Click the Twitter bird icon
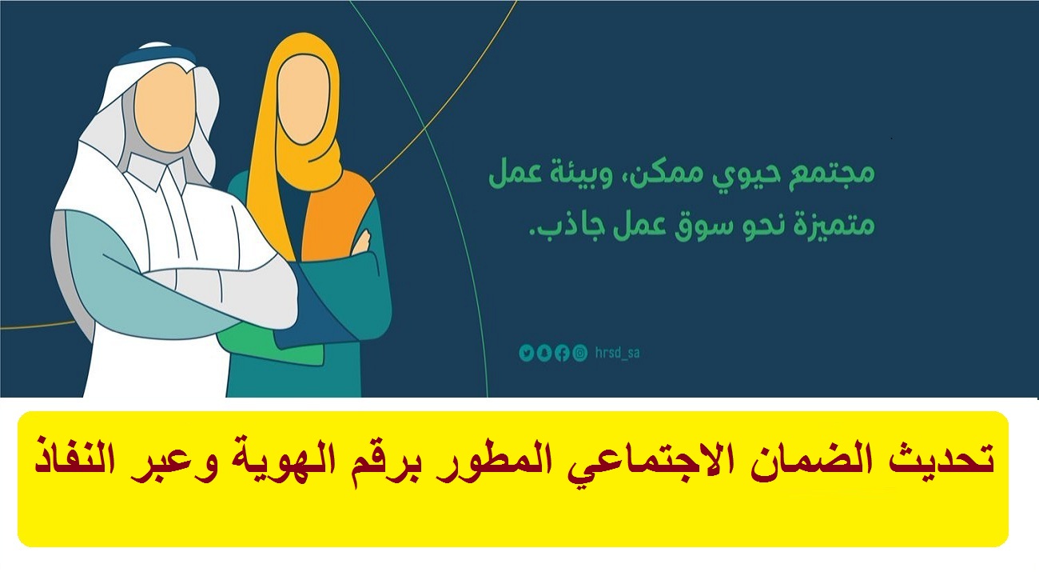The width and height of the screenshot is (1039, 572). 527,354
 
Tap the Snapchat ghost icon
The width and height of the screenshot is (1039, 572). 544,354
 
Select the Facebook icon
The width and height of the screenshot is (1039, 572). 562,354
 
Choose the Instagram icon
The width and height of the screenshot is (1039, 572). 579,354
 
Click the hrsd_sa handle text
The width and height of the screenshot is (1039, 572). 617,353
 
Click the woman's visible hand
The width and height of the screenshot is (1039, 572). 363,242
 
